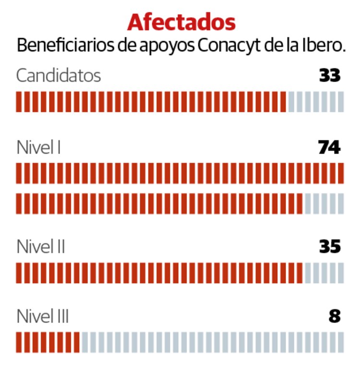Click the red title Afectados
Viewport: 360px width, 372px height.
click(x=181, y=23)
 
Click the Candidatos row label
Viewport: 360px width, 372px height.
click(x=59, y=76)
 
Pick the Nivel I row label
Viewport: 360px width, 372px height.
click(x=38, y=147)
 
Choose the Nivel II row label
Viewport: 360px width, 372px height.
click(x=41, y=247)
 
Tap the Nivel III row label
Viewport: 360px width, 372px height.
click(x=43, y=317)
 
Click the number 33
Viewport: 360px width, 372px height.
click(x=330, y=76)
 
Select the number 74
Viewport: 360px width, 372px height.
click(x=329, y=147)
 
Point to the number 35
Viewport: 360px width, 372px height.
click(x=330, y=247)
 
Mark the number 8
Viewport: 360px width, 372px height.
click(x=335, y=317)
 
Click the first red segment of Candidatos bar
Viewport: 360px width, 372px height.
click(x=19, y=102)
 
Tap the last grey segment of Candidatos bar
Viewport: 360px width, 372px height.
click(x=341, y=102)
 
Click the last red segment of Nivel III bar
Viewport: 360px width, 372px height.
click(x=76, y=342)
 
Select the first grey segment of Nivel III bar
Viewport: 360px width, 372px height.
click(x=84, y=342)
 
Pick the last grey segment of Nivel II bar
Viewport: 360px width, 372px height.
click(x=341, y=273)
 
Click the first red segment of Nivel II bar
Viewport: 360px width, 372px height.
click(x=19, y=273)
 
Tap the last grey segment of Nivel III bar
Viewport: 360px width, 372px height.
click(x=341, y=342)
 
